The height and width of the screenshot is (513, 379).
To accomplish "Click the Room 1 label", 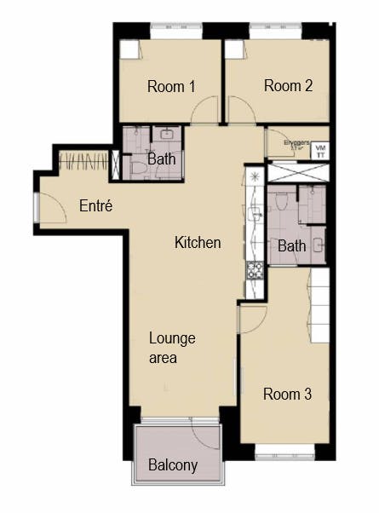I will click(x=171, y=86).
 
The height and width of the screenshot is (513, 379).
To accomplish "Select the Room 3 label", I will click(x=287, y=395).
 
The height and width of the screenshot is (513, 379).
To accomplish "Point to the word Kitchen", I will click(x=198, y=243).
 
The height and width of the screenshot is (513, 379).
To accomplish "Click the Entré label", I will click(x=96, y=205).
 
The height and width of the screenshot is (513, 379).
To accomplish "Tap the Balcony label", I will click(x=173, y=465).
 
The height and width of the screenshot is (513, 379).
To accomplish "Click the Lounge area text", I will click(x=172, y=348).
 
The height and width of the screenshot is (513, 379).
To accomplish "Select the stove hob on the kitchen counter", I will click(x=254, y=271).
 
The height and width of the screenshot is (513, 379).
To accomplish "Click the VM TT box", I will click(x=320, y=151).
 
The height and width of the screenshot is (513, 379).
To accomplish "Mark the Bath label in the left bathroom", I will click(x=161, y=159).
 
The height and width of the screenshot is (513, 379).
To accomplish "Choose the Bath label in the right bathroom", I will click(x=292, y=246).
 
